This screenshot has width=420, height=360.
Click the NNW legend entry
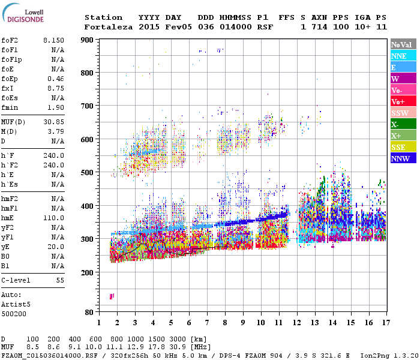tap(403, 158)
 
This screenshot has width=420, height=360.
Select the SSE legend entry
tap(403, 147)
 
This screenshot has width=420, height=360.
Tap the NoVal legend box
tap(403, 44)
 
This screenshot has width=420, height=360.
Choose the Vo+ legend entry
tap(403, 101)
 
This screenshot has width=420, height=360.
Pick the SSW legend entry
tap(403, 113)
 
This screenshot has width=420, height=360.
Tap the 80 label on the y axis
tap(89, 313)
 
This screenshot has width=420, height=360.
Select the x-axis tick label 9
tap(243, 323)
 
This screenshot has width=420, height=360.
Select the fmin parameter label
tap(11, 107)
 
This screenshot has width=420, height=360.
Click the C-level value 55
tap(60, 280)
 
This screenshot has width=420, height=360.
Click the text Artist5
tap(16, 304)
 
